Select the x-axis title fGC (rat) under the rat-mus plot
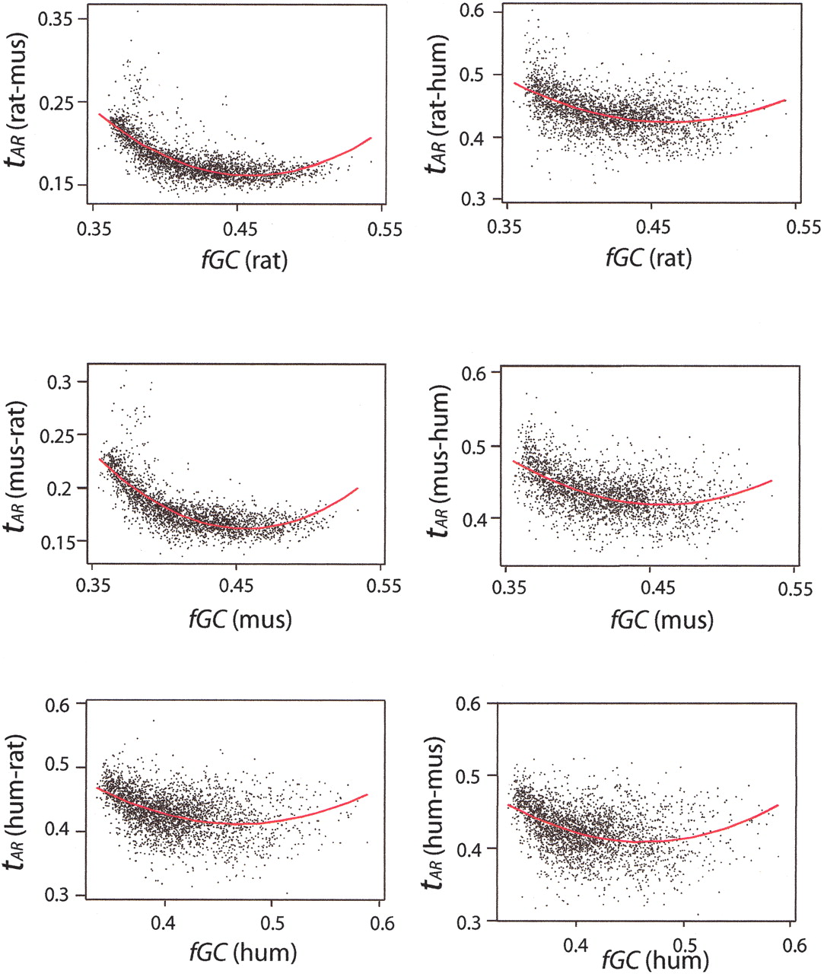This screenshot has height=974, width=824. tap(239, 259)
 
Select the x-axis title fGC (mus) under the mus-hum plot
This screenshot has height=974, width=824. tap(662, 619)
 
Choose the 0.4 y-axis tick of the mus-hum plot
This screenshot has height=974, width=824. tap(479, 518)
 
